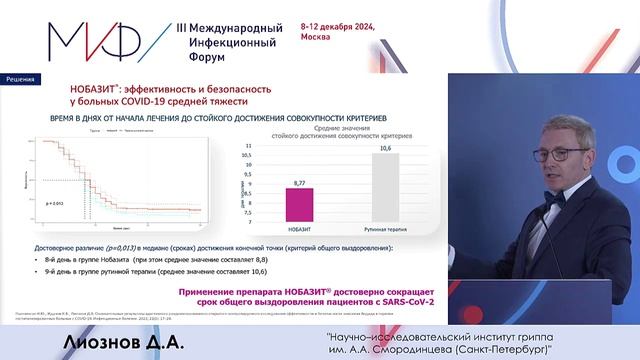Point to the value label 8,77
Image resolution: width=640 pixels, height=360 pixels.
tap(300, 182)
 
